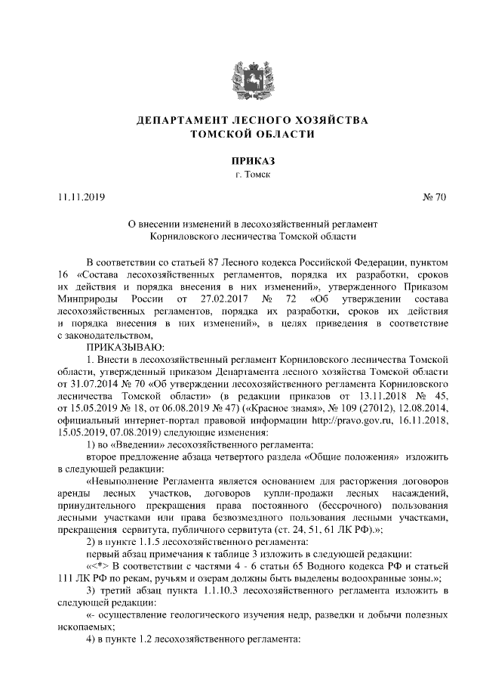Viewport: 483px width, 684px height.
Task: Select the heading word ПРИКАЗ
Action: (x=241, y=161)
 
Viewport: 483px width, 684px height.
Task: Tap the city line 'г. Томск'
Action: (x=241, y=175)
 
